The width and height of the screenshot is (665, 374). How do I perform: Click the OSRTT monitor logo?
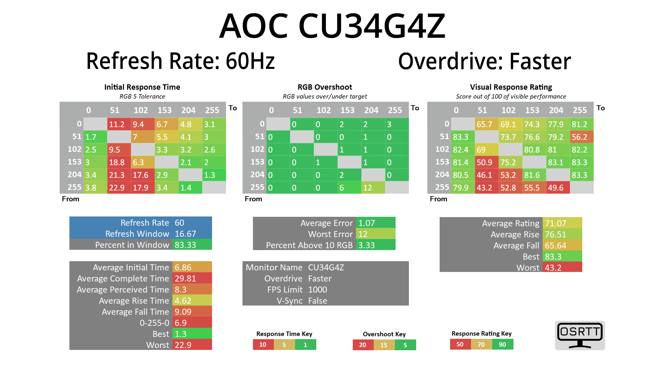580,335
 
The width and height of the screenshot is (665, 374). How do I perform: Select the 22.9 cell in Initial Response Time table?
119,188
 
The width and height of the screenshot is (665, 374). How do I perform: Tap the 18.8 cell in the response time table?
119,162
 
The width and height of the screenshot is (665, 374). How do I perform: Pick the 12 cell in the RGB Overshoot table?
373,188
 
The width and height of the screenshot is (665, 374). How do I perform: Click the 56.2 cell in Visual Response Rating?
581,137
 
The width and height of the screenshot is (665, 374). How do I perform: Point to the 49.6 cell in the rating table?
558,188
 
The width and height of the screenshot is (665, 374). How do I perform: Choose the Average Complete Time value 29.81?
191,279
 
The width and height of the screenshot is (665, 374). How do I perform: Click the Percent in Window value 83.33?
191,245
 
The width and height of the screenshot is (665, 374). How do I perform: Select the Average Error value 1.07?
375,223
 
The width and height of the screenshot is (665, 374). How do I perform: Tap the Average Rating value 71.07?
562,223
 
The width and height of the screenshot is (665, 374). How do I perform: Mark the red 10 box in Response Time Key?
263,345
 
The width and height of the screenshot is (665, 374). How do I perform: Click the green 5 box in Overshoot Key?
405,345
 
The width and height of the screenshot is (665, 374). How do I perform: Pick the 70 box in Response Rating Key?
481,345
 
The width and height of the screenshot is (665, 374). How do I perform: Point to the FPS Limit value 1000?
318,290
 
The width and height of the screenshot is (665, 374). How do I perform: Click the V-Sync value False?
318,301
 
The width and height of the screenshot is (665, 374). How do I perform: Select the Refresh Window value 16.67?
191,234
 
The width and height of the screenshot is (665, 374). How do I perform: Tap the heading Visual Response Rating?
511,87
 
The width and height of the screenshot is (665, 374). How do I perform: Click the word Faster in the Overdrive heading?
540,61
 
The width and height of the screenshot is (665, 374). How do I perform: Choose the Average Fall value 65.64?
562,246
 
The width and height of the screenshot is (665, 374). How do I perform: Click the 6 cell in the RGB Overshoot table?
349,188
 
